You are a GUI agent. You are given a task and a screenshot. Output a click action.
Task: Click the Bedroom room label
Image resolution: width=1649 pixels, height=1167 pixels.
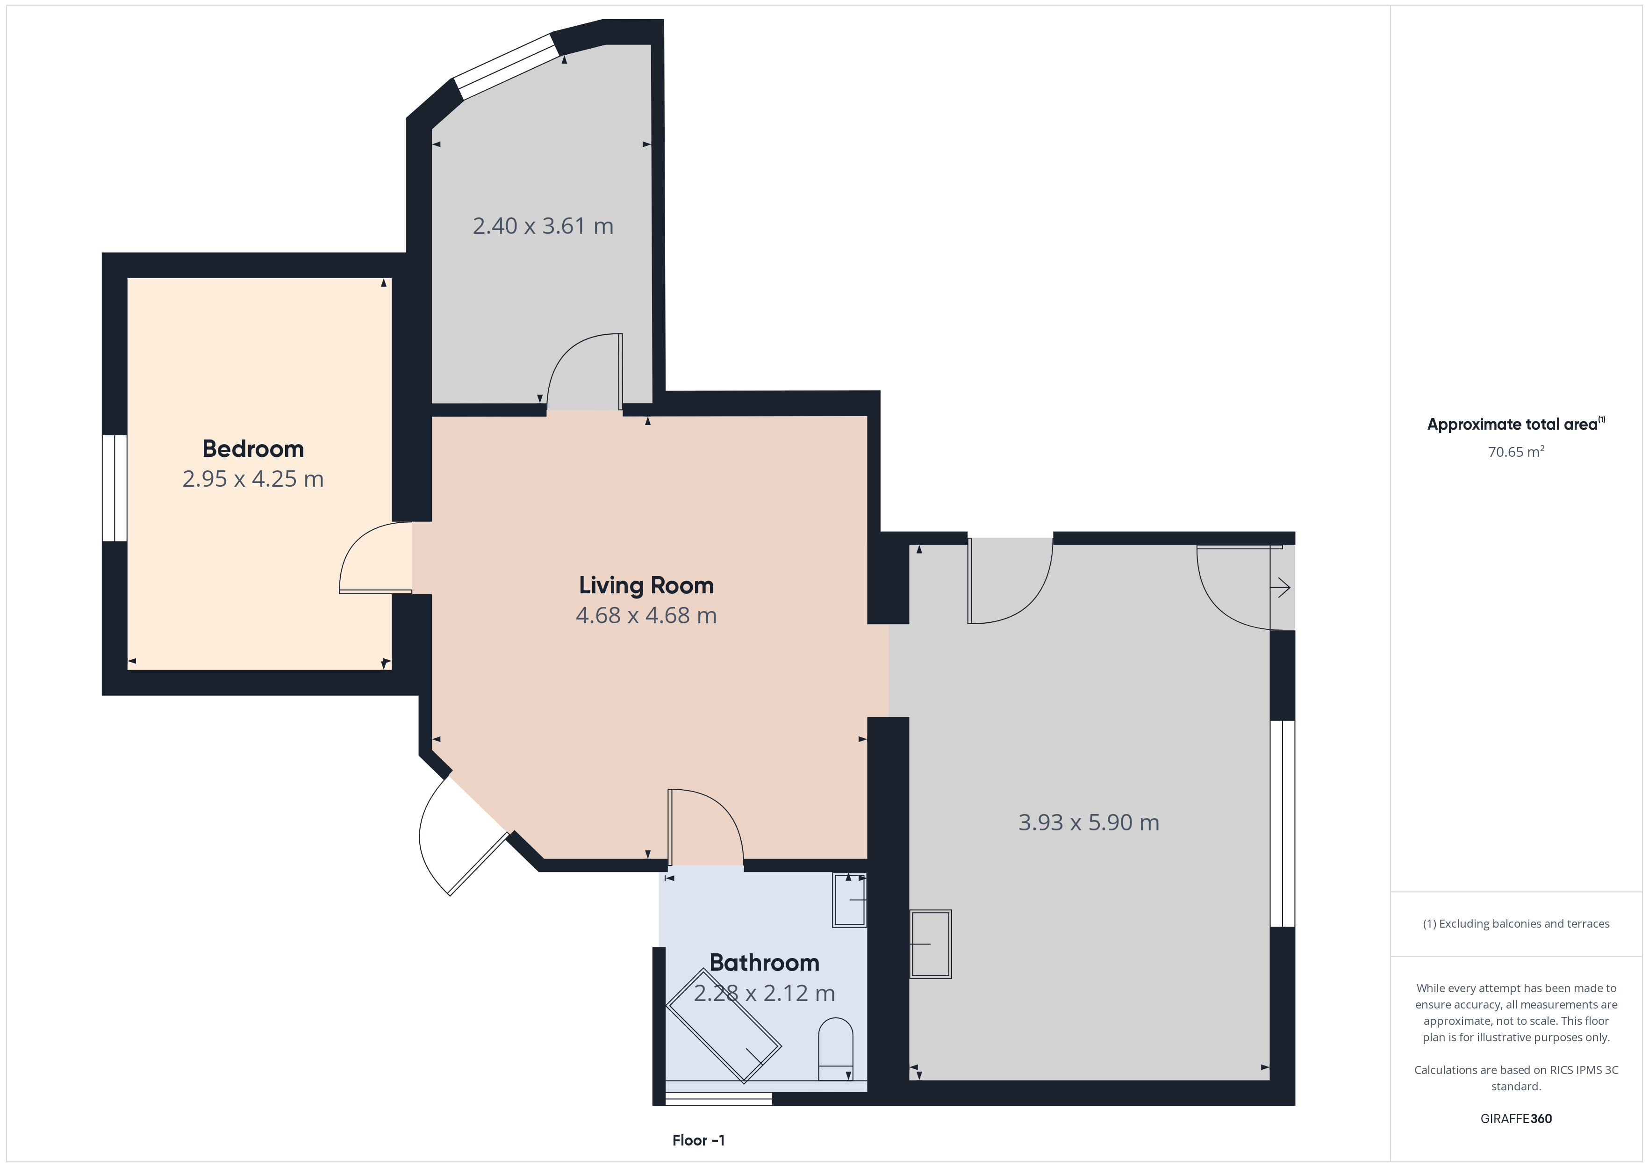pyautogui.click(x=253, y=449)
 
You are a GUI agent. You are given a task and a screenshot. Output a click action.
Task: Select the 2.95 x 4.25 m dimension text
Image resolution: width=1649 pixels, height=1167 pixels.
pyautogui.click(x=253, y=479)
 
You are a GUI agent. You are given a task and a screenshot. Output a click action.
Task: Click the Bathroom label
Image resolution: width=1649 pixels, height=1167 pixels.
pyautogui.click(x=764, y=963)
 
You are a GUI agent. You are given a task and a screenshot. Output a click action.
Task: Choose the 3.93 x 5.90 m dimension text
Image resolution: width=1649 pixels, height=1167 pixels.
pyautogui.click(x=1089, y=823)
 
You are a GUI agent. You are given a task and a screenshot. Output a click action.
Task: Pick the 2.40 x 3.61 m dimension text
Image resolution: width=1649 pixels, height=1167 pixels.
pyautogui.click(x=543, y=226)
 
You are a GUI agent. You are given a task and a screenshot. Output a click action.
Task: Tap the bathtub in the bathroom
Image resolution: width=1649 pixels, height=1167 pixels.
pyautogui.click(x=723, y=1026)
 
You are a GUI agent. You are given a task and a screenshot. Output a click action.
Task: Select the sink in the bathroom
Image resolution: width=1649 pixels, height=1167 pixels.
pyautogui.click(x=850, y=900)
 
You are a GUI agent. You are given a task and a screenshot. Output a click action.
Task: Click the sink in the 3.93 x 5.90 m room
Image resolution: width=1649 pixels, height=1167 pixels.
pyautogui.click(x=931, y=944)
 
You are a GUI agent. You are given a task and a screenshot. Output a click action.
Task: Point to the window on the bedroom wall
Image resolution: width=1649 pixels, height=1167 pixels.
pyautogui.click(x=115, y=488)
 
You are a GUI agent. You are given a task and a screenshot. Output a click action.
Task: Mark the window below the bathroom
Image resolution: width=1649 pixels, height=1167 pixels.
pyautogui.click(x=718, y=1099)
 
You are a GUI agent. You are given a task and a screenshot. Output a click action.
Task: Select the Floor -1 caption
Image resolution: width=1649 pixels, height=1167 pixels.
pyautogui.click(x=698, y=1140)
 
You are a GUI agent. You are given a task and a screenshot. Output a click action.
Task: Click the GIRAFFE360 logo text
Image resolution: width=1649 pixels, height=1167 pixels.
pyautogui.click(x=1516, y=1119)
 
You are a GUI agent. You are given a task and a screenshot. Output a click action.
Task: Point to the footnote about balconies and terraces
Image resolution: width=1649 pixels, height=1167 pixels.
pyautogui.click(x=1516, y=924)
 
